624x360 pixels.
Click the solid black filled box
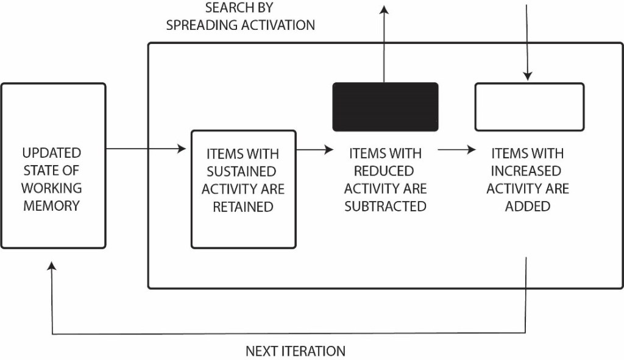pyautogui.click(x=385, y=107)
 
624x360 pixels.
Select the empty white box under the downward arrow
pyautogui.click(x=529, y=107)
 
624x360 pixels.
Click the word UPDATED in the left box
pyautogui.click(x=52, y=152)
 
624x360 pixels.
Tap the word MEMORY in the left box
pyautogui.click(x=52, y=206)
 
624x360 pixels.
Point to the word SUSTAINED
pyautogui.click(x=243, y=171)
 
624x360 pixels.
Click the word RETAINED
pyautogui.click(x=243, y=207)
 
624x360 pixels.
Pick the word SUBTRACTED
pyautogui.click(x=385, y=206)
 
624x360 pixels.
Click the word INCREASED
pyautogui.click(x=528, y=171)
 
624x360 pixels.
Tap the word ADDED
pyautogui.click(x=528, y=206)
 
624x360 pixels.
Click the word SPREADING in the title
pyautogui.click(x=204, y=26)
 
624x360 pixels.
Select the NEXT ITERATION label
pyautogui.click(x=296, y=351)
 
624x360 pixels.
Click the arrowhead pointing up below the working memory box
pyautogui.click(x=52, y=266)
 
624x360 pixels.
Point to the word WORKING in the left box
pyautogui.click(x=52, y=188)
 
